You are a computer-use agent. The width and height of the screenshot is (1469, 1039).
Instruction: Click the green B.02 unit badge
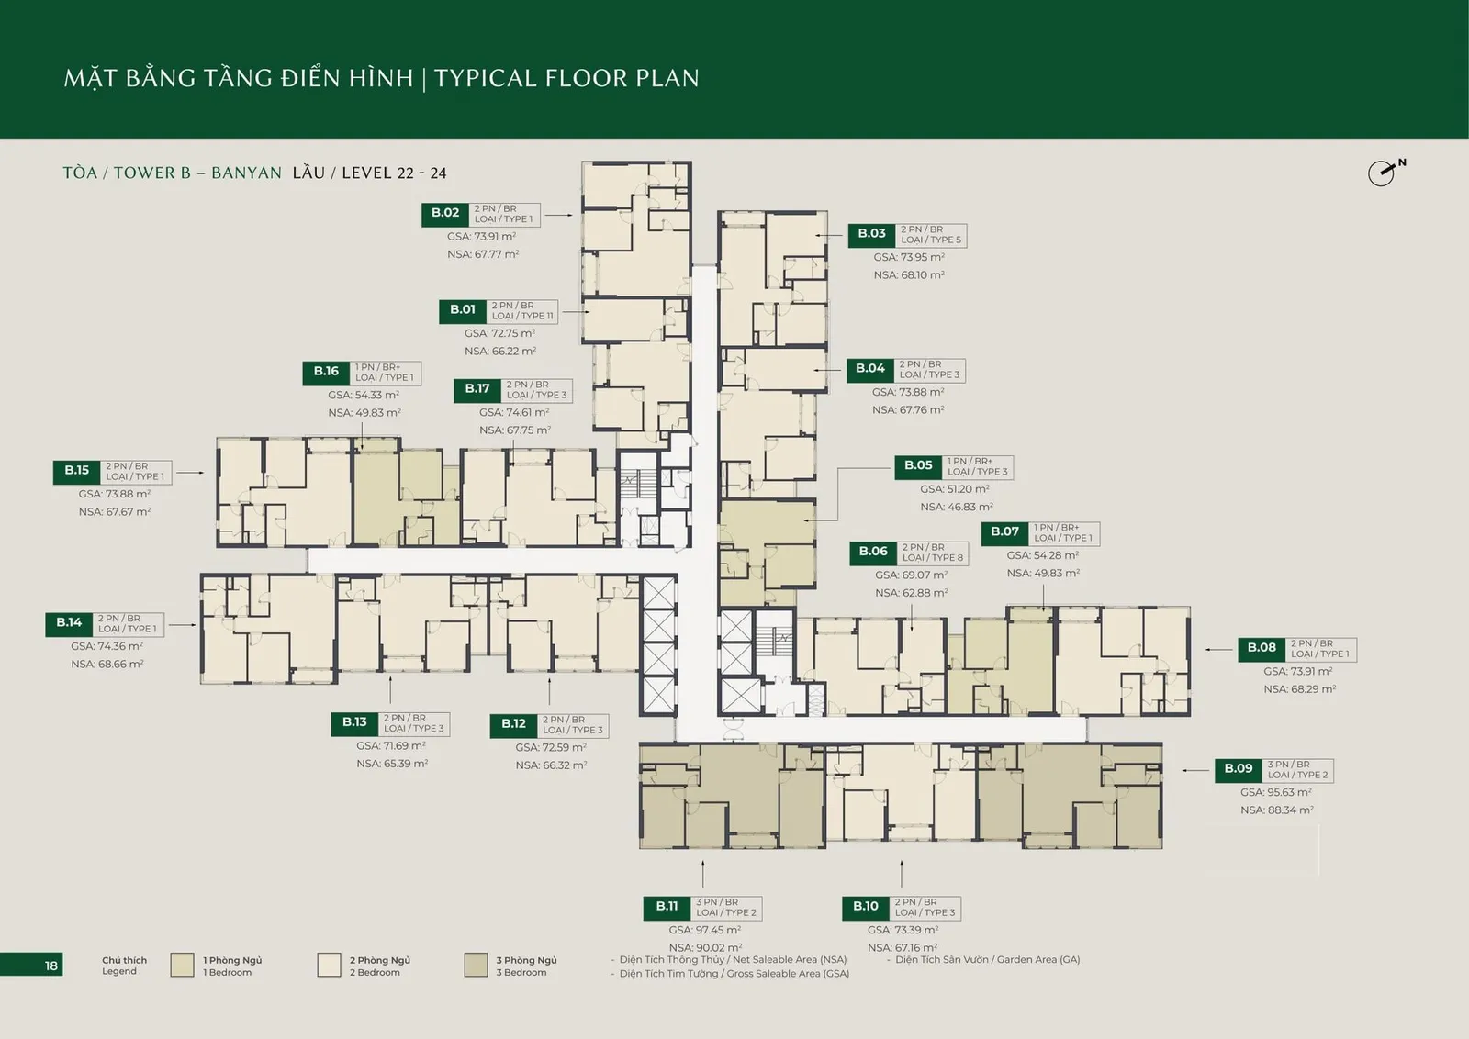point(445,215)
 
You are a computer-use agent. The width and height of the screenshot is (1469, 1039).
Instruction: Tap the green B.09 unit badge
point(1239,770)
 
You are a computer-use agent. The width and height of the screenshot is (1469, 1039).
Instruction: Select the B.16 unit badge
point(327,373)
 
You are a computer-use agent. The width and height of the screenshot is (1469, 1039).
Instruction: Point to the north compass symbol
point(1385,173)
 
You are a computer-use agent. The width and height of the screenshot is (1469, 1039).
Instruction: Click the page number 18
point(51,966)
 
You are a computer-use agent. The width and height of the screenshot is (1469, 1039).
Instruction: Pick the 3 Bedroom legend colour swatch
point(477,965)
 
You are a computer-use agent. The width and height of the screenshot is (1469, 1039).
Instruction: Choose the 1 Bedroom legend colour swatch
point(183,965)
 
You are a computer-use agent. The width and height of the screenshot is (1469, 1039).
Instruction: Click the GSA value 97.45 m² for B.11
point(704,930)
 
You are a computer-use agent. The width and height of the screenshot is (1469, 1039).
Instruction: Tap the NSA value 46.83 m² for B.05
point(956,507)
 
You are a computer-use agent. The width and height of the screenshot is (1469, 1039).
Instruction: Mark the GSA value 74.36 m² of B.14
point(107,645)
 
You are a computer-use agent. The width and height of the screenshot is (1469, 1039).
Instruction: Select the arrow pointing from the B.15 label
point(190,472)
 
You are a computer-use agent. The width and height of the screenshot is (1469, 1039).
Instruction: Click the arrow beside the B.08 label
point(1219,650)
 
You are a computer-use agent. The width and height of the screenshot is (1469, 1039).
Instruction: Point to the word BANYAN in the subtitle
point(247,173)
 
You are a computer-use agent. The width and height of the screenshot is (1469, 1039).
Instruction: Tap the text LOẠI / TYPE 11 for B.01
point(522,316)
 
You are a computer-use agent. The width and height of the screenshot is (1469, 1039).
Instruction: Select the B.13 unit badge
point(354,723)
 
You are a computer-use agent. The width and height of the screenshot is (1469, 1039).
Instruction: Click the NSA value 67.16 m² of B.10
point(903,947)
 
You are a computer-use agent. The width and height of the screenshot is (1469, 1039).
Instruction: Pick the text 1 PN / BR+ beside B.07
point(1057,528)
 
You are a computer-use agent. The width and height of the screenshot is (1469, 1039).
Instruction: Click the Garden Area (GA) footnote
point(988,960)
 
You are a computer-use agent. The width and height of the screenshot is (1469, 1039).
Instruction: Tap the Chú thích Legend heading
point(124,966)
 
